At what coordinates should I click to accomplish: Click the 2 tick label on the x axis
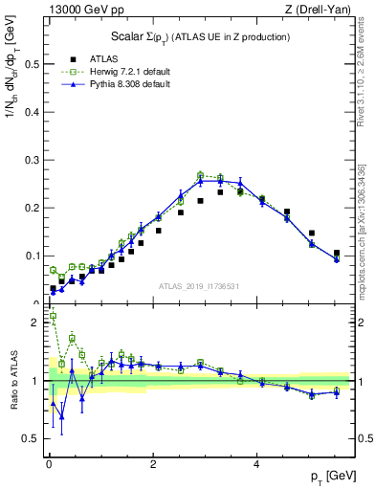click(153, 465)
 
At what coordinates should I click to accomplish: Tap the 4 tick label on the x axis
click(257, 465)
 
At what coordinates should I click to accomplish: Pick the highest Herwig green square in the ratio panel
click(53, 316)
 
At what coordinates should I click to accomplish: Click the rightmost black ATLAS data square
click(336, 253)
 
